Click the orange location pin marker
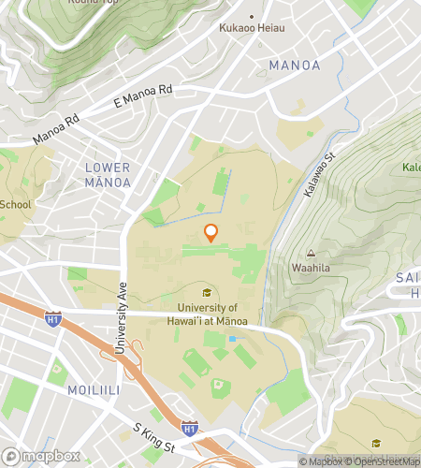pos(211,233)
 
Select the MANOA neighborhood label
pos(294,66)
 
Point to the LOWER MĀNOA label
pos(108,174)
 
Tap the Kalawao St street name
pos(320,170)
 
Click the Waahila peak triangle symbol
pos(310,253)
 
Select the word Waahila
pos(310,268)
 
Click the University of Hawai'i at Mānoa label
pos(206,314)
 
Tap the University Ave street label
pos(121,318)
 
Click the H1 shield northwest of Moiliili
pos(53,320)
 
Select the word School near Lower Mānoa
pos(15,204)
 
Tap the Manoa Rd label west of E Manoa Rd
pos(55,129)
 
